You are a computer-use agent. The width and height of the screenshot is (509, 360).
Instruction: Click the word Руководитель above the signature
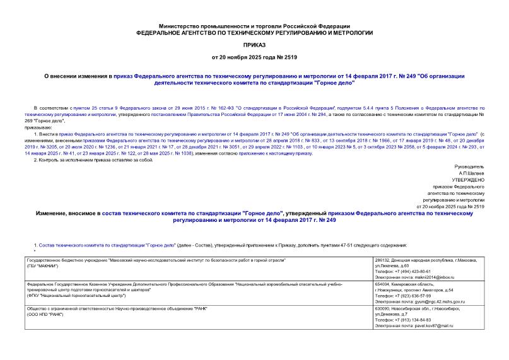click(x=470, y=166)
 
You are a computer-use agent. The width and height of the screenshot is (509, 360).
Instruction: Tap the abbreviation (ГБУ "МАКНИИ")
click(x=45, y=265)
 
